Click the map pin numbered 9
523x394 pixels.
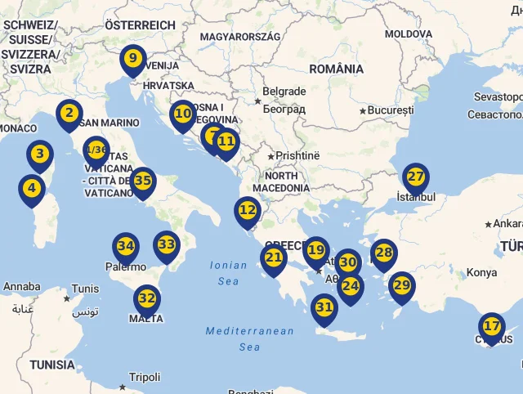[x=132, y=59]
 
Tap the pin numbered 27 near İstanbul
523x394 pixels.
[x=416, y=177]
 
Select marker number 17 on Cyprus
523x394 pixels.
[x=492, y=326]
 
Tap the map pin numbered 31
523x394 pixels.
[x=324, y=308]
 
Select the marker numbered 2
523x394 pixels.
[x=69, y=114]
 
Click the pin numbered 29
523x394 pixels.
[x=401, y=285]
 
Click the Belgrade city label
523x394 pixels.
[x=284, y=92]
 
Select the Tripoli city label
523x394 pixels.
[x=145, y=377]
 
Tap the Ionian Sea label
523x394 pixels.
[x=228, y=273]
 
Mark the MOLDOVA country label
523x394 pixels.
[x=409, y=34]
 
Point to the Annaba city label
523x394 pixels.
[x=22, y=287]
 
